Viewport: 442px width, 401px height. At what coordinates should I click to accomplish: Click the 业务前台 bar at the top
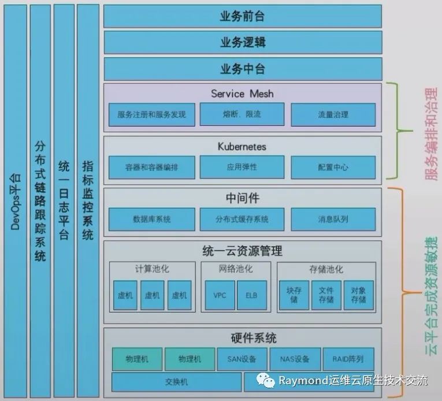(242, 16)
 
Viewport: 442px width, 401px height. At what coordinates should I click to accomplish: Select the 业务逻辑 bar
(242, 43)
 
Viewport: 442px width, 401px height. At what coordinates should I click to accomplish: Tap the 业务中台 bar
(242, 69)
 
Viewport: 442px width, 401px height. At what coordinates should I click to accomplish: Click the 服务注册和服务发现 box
(151, 114)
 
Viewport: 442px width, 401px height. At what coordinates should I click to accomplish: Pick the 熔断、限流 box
(242, 114)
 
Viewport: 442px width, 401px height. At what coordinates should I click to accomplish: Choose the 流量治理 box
(333, 114)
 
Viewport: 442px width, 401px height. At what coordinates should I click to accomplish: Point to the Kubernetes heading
(242, 146)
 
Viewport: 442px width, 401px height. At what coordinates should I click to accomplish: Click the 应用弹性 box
(242, 167)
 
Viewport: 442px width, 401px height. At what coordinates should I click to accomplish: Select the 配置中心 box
(333, 167)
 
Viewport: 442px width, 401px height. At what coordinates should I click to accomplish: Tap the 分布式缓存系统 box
(242, 220)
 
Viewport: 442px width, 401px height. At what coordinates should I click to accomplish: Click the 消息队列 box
(333, 220)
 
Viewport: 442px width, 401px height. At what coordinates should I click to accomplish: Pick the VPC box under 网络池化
(220, 295)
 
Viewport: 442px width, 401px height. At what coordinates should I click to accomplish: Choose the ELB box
(251, 295)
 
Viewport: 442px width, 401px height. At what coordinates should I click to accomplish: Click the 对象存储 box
(358, 295)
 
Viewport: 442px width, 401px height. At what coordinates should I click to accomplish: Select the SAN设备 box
(242, 359)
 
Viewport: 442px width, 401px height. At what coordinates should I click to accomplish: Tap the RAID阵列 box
(348, 359)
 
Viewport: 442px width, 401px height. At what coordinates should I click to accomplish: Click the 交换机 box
(176, 382)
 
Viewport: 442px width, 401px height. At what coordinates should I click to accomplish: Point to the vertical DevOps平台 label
(15, 200)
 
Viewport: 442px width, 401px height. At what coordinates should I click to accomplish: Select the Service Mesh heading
(242, 94)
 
